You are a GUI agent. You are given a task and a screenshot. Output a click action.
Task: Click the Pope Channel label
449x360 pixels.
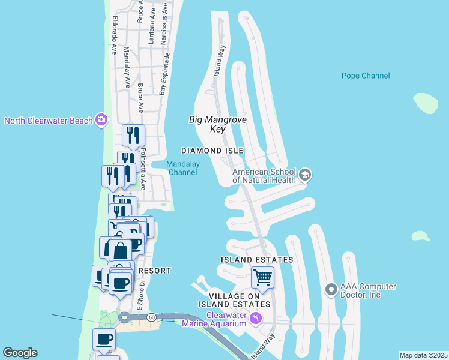tap(366, 76)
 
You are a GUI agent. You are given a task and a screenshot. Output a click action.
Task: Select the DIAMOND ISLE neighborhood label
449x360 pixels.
tap(213, 150)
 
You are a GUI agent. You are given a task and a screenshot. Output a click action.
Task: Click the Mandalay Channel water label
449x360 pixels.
tap(182, 168)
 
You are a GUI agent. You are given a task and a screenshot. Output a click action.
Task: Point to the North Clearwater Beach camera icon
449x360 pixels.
tap(101, 121)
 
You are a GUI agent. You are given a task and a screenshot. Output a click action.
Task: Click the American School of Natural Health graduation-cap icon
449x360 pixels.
tap(304, 175)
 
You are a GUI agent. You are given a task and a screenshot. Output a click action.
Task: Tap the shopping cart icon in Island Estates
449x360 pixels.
tap(262, 278)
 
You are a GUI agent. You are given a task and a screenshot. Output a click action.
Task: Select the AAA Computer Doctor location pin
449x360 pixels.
tap(331, 290)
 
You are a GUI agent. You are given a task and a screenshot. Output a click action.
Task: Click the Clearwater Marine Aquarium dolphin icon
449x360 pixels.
tap(256, 317)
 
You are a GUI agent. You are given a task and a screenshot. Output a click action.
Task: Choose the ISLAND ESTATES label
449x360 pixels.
tap(257, 260)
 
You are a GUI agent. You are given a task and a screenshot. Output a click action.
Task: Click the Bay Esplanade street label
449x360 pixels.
tap(165, 74)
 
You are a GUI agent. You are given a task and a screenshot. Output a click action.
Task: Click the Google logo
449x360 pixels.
tap(20, 353)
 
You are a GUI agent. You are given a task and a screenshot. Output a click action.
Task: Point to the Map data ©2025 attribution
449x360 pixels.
tap(423, 355)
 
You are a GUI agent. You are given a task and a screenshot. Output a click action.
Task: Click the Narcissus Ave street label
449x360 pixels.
tap(163, 25)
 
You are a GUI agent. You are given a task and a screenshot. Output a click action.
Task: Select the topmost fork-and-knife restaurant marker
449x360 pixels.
tap(133, 135)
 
